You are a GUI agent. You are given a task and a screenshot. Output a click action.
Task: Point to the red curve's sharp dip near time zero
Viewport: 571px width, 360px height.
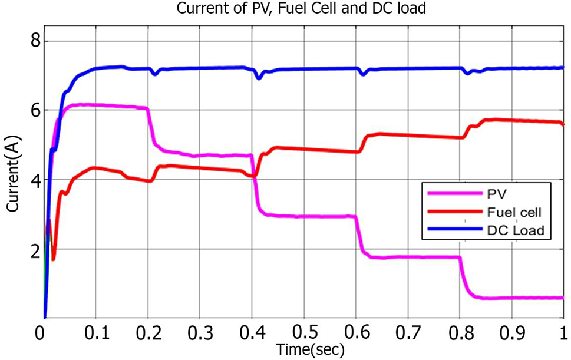point(54,259)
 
